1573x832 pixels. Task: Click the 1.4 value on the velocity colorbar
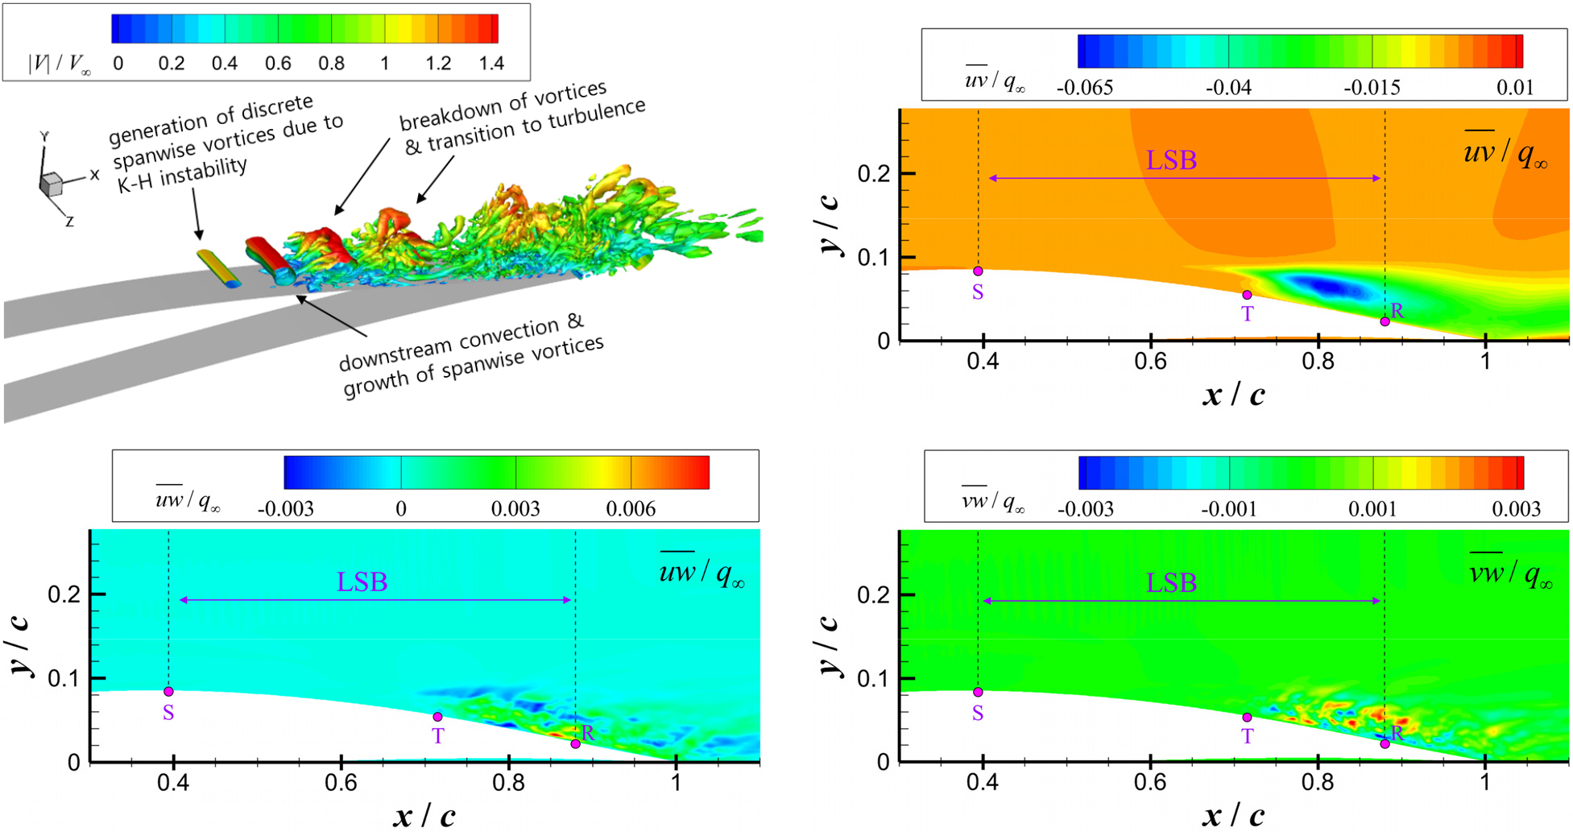(x=491, y=64)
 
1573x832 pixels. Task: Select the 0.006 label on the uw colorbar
(x=631, y=509)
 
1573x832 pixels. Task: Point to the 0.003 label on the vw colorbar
(x=1516, y=509)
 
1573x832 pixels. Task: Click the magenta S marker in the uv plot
(x=978, y=271)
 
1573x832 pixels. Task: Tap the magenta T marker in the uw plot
(x=437, y=717)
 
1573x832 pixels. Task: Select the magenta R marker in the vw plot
(x=1385, y=743)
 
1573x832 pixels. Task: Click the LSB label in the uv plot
(x=1171, y=160)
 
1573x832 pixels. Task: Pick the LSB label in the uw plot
(x=362, y=582)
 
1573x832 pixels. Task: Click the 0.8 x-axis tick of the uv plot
(x=1318, y=361)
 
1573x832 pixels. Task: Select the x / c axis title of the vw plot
(x=1233, y=815)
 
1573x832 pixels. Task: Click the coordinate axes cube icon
(x=51, y=184)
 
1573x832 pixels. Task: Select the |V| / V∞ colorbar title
(x=59, y=64)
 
